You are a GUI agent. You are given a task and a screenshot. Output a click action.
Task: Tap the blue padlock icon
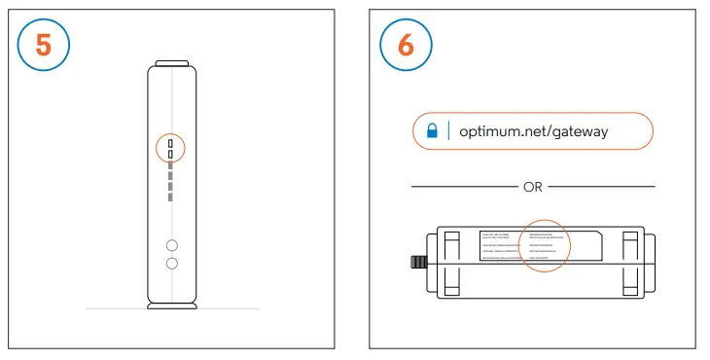(x=432, y=130)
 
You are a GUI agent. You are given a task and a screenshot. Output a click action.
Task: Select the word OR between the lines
(x=533, y=187)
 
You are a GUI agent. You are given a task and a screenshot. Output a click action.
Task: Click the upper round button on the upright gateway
(x=171, y=246)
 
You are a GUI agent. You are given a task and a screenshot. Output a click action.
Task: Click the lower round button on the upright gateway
(x=171, y=264)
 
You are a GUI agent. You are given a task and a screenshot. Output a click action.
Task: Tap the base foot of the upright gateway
(x=171, y=306)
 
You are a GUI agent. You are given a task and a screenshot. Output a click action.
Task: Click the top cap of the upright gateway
(x=171, y=63)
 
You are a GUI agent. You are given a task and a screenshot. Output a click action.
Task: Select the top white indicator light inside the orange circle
(x=171, y=142)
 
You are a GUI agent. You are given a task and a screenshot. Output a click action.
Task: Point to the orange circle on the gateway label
(x=543, y=245)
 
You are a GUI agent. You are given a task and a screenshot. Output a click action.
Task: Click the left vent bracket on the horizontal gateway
(x=453, y=263)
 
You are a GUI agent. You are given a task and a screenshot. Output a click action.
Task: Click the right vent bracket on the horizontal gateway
(x=631, y=263)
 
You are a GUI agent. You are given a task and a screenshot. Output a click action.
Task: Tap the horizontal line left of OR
(x=463, y=187)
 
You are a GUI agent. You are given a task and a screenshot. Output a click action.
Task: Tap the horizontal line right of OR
(x=603, y=187)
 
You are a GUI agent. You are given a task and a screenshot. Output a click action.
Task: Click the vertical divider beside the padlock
(x=448, y=130)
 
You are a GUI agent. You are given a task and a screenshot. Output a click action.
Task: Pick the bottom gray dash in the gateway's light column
(x=171, y=198)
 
